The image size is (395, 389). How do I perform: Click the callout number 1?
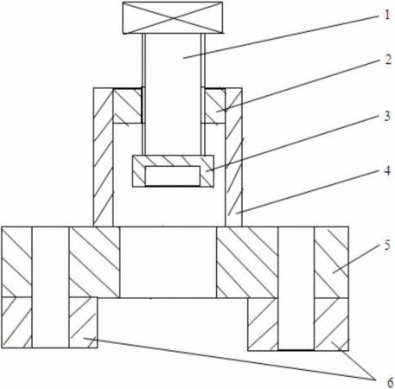point(387,15)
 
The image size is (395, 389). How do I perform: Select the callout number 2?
point(388,60)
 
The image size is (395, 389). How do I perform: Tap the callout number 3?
point(387,116)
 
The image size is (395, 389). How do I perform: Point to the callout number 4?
point(387,171)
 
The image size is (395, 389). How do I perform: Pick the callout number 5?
point(387,246)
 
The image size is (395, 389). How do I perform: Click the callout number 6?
point(390,383)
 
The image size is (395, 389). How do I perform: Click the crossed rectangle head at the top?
point(173,18)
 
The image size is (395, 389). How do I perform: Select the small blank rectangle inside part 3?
point(173,175)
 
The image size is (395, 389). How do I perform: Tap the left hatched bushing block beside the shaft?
point(128,106)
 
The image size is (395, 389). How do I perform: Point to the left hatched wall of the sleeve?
point(103,157)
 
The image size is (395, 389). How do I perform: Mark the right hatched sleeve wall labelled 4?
point(233,157)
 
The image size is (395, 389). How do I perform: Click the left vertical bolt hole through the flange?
point(50,287)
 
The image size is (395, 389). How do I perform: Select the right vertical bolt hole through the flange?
point(296,289)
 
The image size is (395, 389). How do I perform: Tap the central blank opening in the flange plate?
point(168,262)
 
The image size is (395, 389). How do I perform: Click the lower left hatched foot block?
point(83,322)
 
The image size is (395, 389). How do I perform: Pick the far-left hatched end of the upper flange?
point(16,262)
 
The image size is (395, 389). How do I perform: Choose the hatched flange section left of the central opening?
point(94,262)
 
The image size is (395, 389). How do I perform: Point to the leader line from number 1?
point(281,37)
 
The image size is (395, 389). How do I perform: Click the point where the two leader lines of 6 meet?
point(375,379)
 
